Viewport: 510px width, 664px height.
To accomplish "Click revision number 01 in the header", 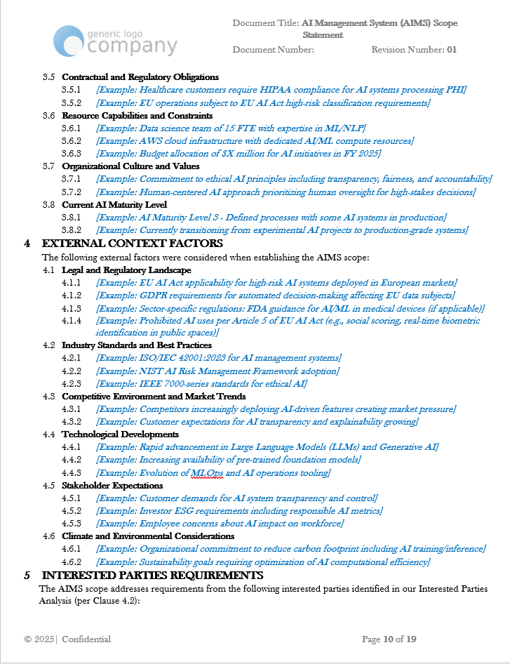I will tap(452, 50).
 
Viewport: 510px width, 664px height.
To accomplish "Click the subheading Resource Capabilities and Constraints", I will tap(137, 116).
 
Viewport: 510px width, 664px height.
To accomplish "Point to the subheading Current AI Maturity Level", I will tap(114, 205).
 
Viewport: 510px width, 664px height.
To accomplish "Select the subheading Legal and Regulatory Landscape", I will tap(126, 270).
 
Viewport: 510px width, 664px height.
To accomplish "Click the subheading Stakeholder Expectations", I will tap(112, 486).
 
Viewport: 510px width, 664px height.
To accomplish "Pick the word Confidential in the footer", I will tap(86, 639).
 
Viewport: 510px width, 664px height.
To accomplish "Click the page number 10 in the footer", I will tap(388, 639).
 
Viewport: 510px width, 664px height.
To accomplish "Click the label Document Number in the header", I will tap(272, 50).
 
